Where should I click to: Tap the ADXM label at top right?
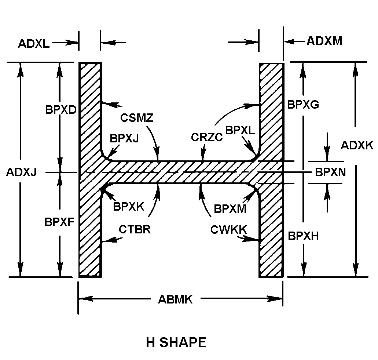(x=324, y=41)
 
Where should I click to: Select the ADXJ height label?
(x=21, y=172)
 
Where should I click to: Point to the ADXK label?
(x=356, y=146)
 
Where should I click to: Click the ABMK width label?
(x=175, y=299)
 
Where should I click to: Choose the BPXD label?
(x=60, y=110)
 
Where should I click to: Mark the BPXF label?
(x=60, y=222)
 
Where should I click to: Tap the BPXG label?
(x=303, y=105)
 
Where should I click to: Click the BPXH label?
(x=303, y=236)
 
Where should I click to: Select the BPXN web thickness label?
(x=330, y=172)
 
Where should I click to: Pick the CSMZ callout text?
(x=137, y=118)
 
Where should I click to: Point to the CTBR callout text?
(x=135, y=230)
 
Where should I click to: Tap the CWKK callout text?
(x=228, y=230)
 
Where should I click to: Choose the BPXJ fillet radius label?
(x=124, y=138)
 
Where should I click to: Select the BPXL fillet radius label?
(x=240, y=130)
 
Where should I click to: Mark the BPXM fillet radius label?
(x=230, y=208)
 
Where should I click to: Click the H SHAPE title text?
(x=176, y=342)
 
